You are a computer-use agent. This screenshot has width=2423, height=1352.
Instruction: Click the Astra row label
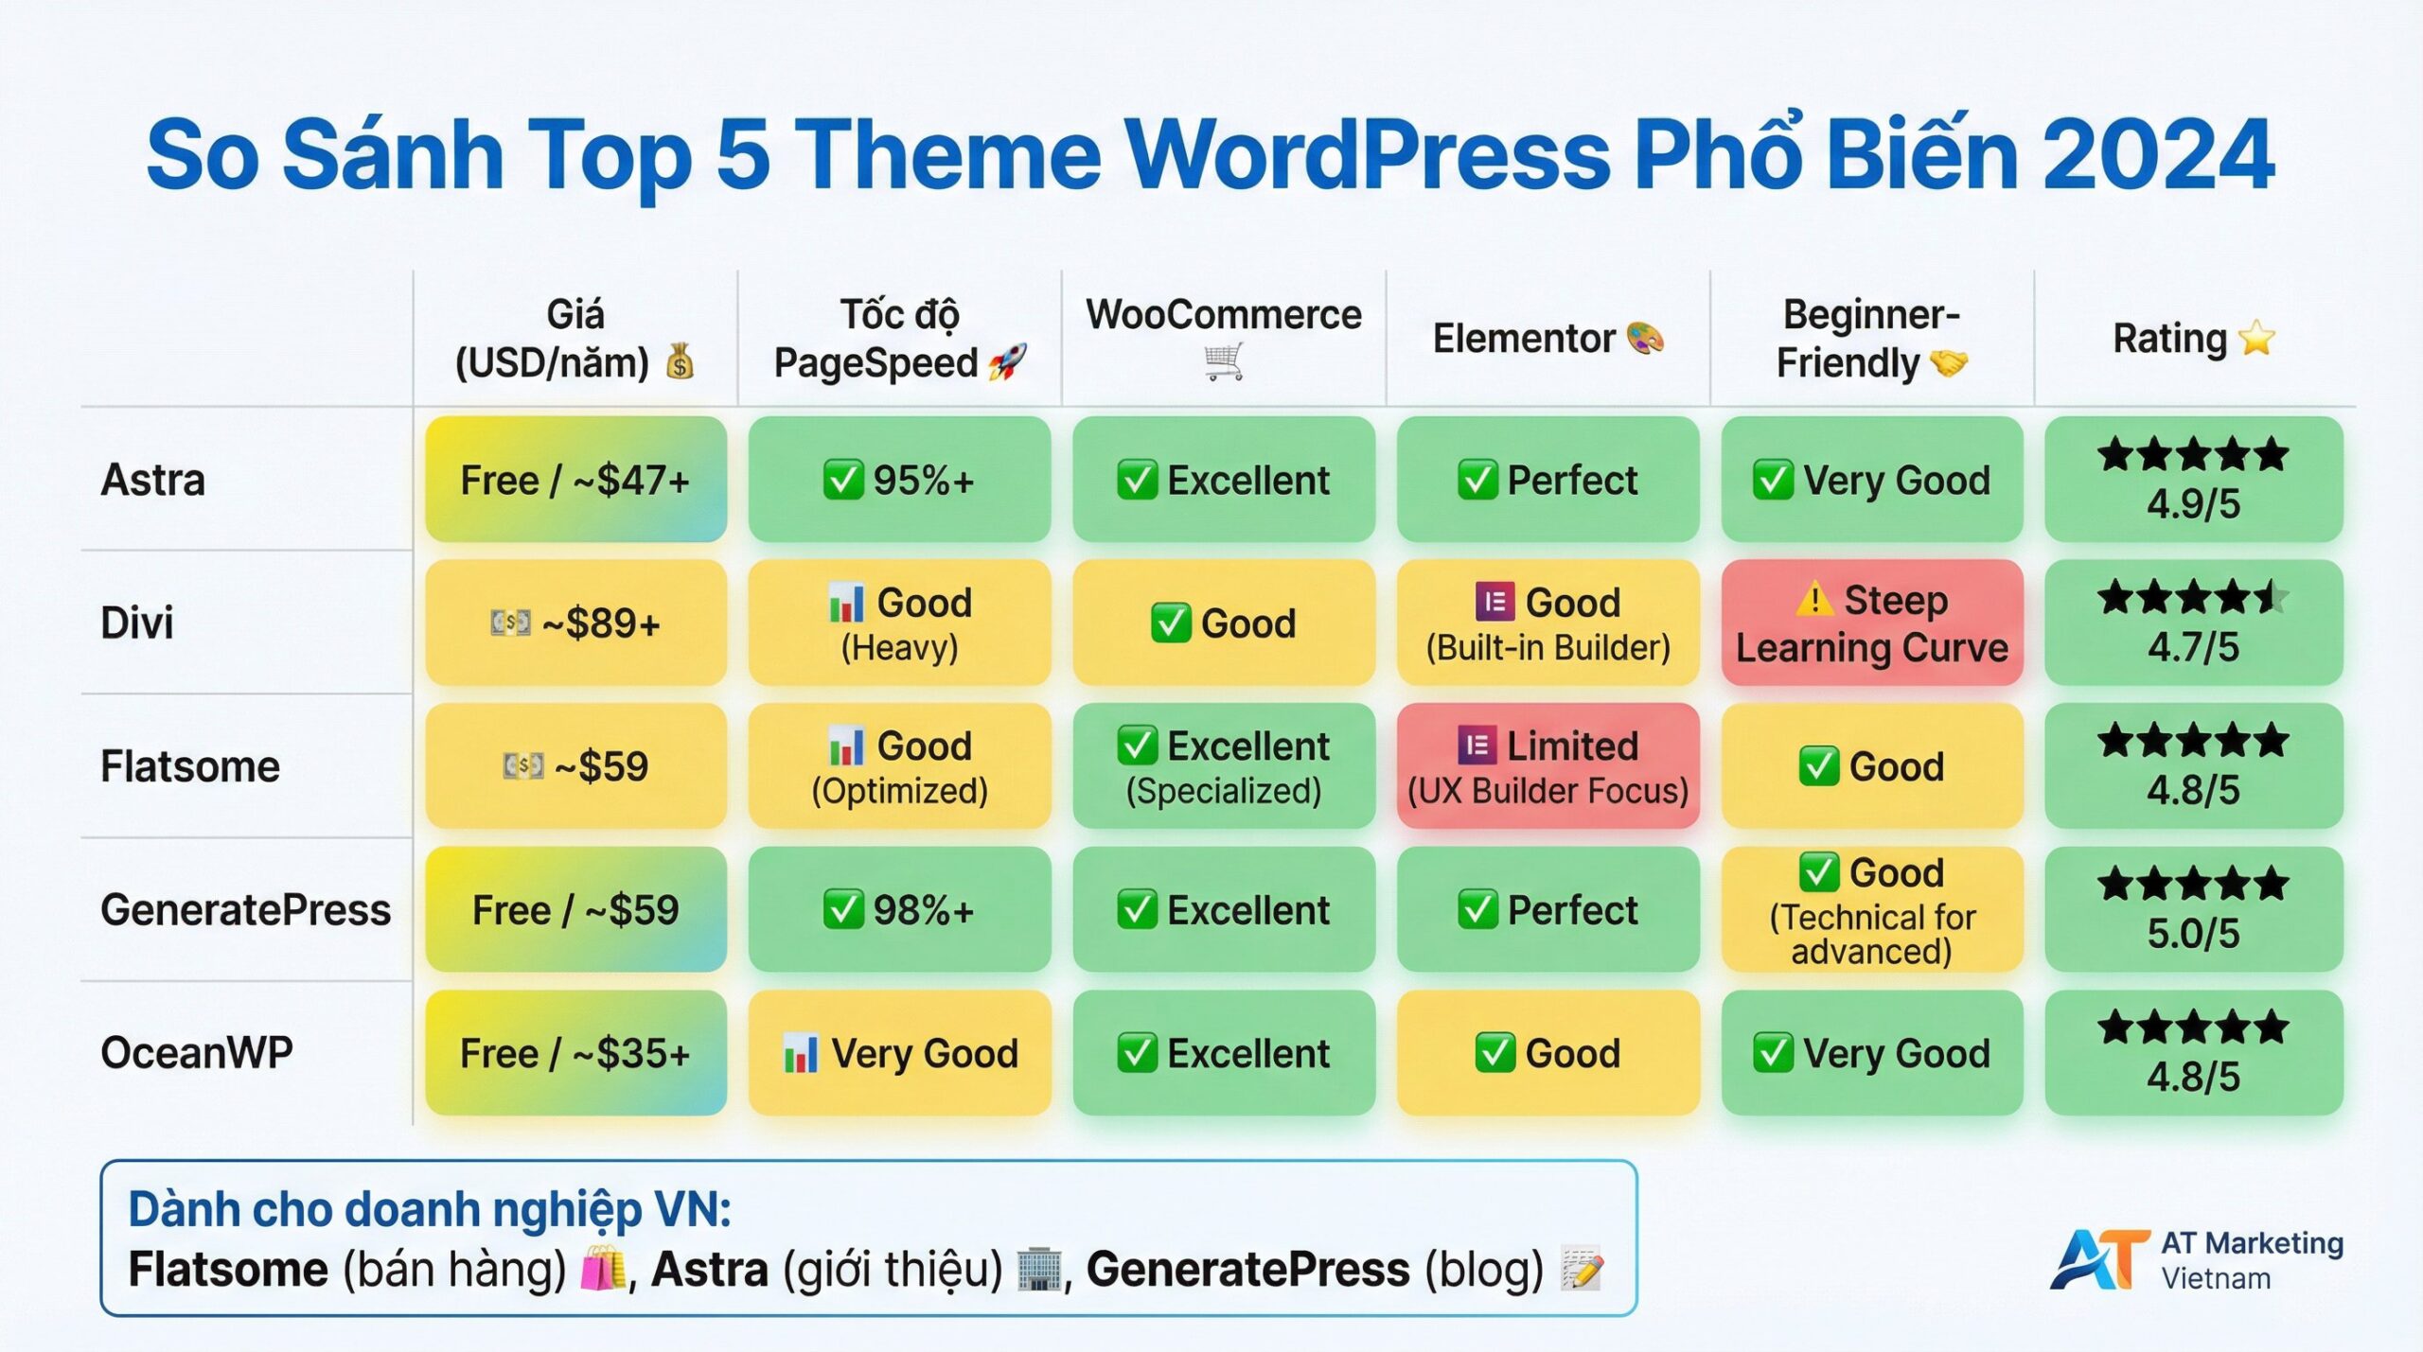point(153,480)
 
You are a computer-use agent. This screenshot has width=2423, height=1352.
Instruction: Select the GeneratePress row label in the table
point(245,909)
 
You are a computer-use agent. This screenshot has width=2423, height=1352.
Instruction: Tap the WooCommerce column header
point(1223,315)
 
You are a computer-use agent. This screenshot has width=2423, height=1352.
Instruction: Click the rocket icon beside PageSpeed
point(1007,363)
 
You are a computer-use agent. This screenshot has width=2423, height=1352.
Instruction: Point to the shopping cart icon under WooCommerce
point(1223,361)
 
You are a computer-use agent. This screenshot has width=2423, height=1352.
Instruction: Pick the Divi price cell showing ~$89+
point(575,623)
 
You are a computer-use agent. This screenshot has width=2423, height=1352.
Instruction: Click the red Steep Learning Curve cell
point(1871,623)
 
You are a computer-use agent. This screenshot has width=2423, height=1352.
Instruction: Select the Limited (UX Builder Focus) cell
point(1548,766)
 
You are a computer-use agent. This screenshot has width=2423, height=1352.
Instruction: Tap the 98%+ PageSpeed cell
point(899,909)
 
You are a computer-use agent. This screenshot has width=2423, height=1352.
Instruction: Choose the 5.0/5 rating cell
point(2193,909)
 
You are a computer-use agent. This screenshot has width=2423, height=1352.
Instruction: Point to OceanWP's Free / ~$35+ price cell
point(575,1053)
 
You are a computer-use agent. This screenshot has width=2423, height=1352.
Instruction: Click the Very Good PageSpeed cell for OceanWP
point(899,1053)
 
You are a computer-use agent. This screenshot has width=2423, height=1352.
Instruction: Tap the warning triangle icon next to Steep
point(1814,600)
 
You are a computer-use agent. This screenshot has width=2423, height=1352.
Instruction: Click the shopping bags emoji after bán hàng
point(603,1269)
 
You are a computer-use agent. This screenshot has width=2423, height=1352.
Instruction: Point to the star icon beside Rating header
point(2257,339)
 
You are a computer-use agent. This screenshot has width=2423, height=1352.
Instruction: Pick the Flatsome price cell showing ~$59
point(575,766)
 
